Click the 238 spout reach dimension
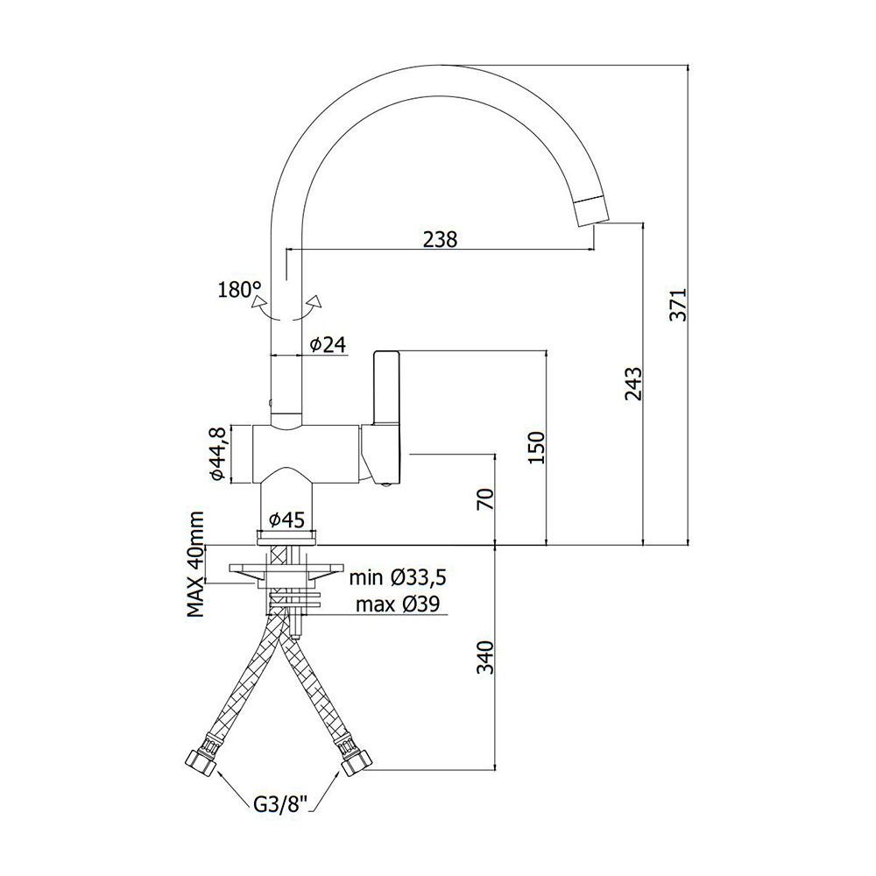(x=440, y=239)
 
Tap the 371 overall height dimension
(x=678, y=305)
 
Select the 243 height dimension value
(x=633, y=384)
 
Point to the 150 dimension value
(x=536, y=448)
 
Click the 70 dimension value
(x=486, y=498)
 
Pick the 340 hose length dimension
(x=486, y=657)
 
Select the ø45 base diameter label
(x=286, y=520)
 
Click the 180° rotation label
(x=240, y=289)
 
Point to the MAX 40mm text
(x=195, y=564)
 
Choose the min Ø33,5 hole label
(x=398, y=577)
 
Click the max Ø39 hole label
(x=398, y=604)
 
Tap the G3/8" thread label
(x=280, y=804)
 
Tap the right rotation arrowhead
(x=316, y=300)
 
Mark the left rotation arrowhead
(x=258, y=301)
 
